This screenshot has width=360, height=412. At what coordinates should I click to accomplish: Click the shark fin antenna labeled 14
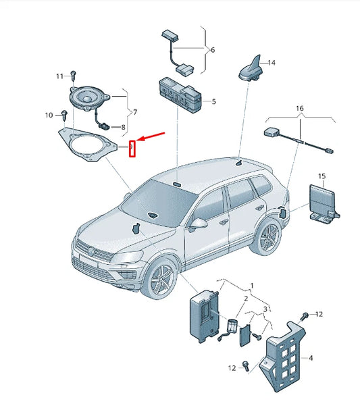[250, 69]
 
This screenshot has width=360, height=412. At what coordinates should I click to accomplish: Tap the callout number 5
[213, 101]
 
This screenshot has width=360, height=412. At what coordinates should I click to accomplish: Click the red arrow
[151, 136]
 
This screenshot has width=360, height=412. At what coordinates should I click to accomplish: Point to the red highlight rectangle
[132, 149]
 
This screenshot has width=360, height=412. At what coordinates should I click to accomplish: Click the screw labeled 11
[74, 76]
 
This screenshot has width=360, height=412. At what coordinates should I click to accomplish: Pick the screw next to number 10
[64, 115]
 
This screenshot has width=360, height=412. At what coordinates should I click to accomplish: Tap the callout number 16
[300, 108]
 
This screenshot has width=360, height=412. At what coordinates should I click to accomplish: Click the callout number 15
[322, 176]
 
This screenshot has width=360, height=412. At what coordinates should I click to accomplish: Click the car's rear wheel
[265, 237]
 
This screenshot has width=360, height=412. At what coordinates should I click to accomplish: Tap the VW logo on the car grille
[92, 252]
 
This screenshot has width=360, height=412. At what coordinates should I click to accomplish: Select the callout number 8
[123, 128]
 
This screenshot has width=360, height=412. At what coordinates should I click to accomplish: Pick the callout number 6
[213, 50]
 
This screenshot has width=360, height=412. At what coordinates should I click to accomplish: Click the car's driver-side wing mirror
[198, 224]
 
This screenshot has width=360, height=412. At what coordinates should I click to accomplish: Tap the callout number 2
[246, 299]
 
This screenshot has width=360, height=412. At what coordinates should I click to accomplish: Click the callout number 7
[135, 113]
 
